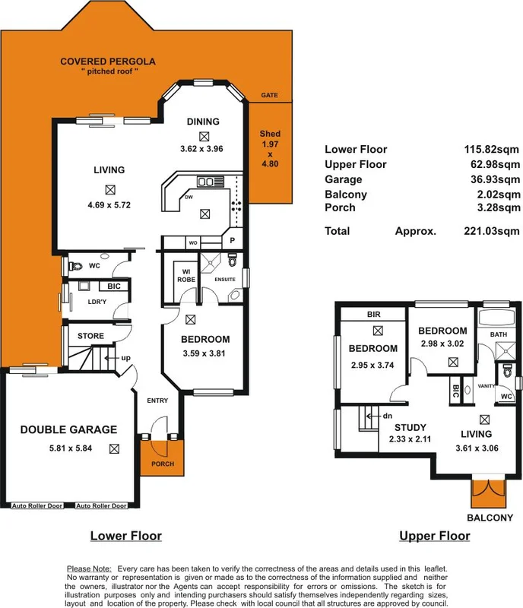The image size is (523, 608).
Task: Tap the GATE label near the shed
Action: point(269,96)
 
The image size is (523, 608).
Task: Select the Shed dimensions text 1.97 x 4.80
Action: point(270,152)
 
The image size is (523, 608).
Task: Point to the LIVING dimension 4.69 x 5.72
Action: point(111,204)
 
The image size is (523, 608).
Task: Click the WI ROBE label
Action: point(185,275)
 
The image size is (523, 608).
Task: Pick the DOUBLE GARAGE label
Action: point(68,429)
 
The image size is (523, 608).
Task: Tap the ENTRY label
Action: point(157,401)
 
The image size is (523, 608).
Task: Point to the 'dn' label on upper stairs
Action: point(386,416)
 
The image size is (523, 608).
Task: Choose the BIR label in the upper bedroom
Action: point(373,314)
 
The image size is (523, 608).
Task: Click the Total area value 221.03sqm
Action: point(493,230)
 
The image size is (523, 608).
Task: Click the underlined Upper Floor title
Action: point(434,536)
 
